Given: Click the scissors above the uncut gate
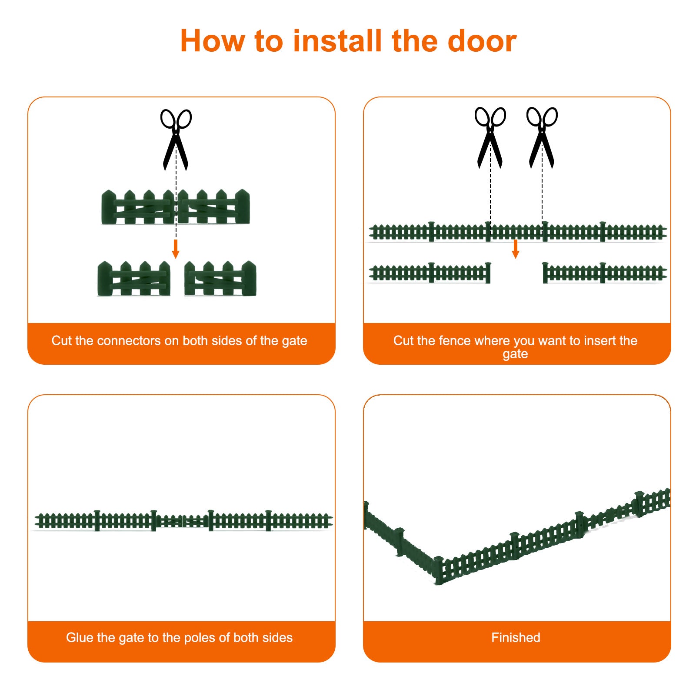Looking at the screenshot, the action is click(176, 140).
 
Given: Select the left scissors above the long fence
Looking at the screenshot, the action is click(490, 137).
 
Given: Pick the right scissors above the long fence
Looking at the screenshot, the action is click(542, 137).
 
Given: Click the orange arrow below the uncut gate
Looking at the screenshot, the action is click(176, 249).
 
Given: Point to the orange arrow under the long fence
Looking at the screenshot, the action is click(516, 249).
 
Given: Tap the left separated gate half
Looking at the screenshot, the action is click(134, 279).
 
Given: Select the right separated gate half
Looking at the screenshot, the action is click(220, 279).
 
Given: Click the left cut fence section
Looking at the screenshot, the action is click(430, 273).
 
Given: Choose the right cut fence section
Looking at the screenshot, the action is click(605, 273).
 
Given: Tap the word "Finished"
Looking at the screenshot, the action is click(516, 637).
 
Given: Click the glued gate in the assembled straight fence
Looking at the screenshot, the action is click(182, 520).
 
